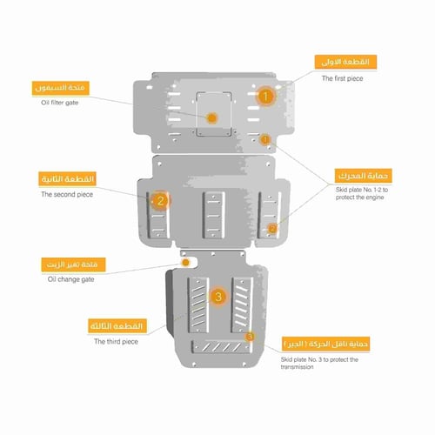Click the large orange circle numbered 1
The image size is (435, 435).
tap(265, 97)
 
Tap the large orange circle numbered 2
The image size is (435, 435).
tap(160, 201)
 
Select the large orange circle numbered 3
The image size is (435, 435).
tap(218, 297)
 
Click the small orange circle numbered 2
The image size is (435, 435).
tap(272, 228)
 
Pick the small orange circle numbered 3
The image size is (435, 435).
tap(250, 336)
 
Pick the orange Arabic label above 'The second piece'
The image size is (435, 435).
tap(66, 179)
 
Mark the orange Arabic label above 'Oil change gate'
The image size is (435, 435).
tap(74, 263)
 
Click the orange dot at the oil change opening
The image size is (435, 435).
tap(185, 262)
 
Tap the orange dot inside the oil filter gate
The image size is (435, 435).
tap(211, 117)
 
